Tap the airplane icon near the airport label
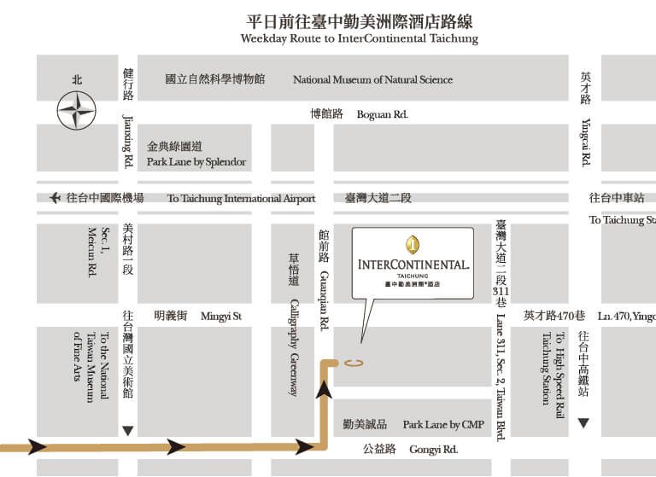click(56, 198)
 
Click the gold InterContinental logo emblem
click(413, 245)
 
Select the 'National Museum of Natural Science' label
click(372, 79)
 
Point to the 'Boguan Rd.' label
click(382, 113)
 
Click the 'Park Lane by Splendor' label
click(196, 161)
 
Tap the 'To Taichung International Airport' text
click(241, 199)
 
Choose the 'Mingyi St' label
click(221, 316)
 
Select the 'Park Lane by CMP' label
click(443, 424)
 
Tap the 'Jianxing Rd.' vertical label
click(128, 140)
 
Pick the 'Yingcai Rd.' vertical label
click(586, 141)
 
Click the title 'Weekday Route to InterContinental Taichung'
click(359, 39)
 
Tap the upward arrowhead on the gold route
click(324, 390)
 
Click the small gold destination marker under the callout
click(354, 363)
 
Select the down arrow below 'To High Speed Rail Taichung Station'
click(583, 423)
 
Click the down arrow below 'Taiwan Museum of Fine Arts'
click(127, 431)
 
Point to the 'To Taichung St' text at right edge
click(622, 220)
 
